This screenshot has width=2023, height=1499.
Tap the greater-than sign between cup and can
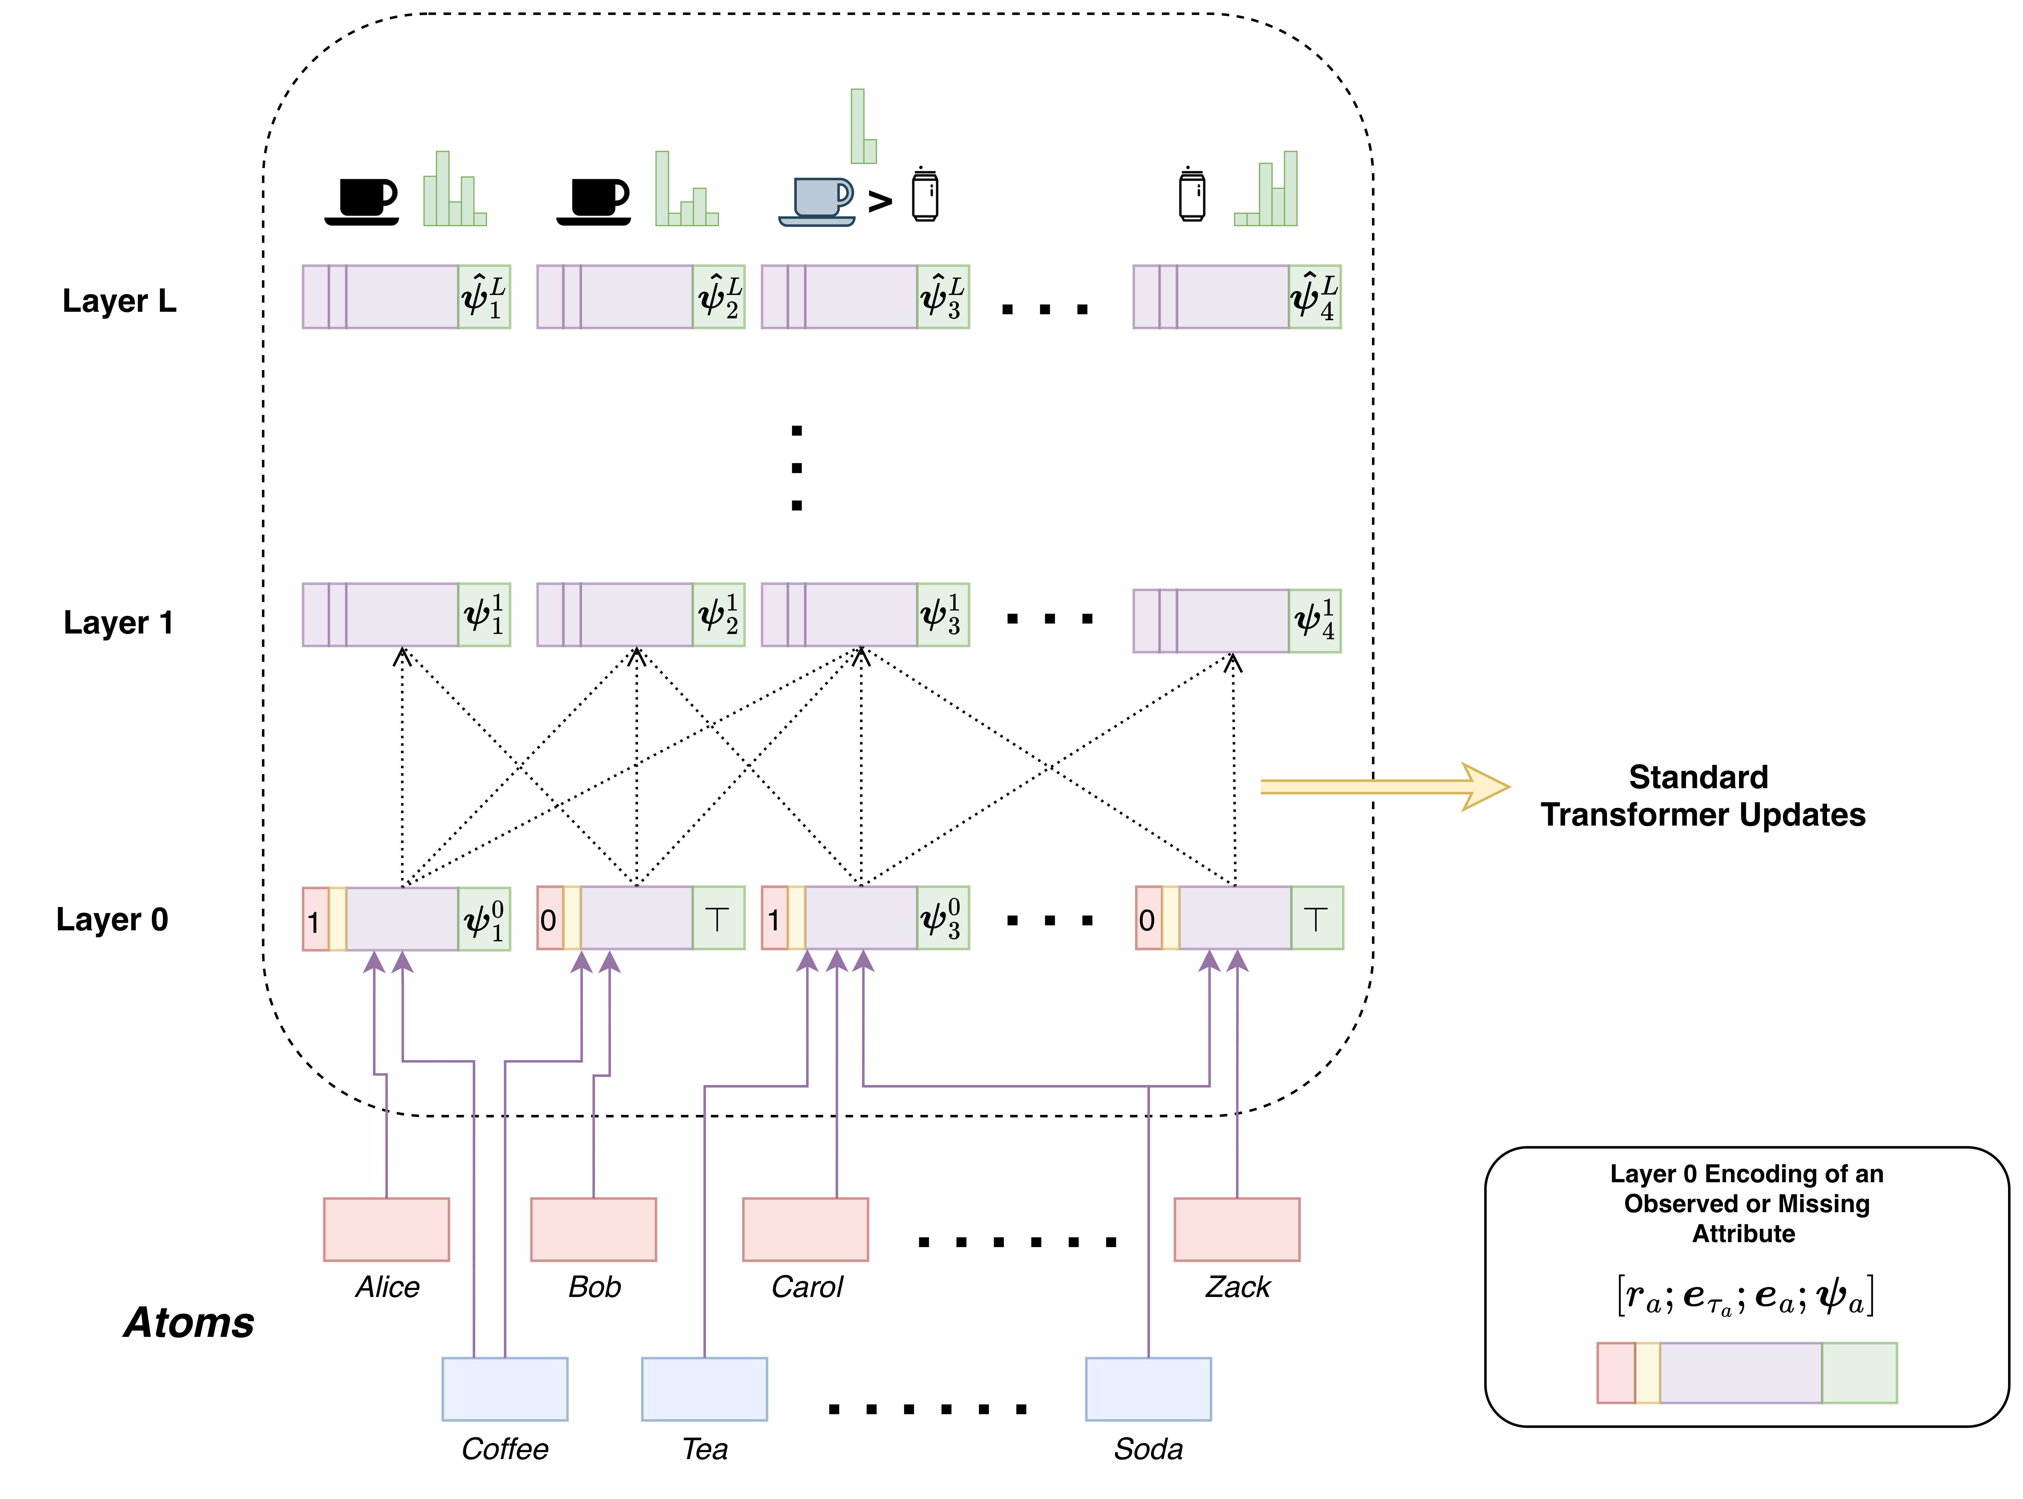point(879,201)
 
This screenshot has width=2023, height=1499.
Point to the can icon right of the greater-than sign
point(925,195)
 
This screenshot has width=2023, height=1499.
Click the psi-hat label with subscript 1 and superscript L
point(484,297)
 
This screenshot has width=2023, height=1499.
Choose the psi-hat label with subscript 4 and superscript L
point(1314,297)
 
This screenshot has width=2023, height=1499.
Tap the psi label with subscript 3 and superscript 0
point(942,918)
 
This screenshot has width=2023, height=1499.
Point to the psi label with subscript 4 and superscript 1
point(1314,621)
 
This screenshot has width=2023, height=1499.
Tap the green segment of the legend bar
point(1859,1373)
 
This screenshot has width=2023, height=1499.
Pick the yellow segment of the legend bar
point(1647,1373)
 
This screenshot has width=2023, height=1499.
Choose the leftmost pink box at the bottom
point(387,1230)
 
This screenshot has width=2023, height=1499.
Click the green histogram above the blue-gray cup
point(863,127)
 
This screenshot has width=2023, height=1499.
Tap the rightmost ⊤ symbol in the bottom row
point(1316,918)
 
